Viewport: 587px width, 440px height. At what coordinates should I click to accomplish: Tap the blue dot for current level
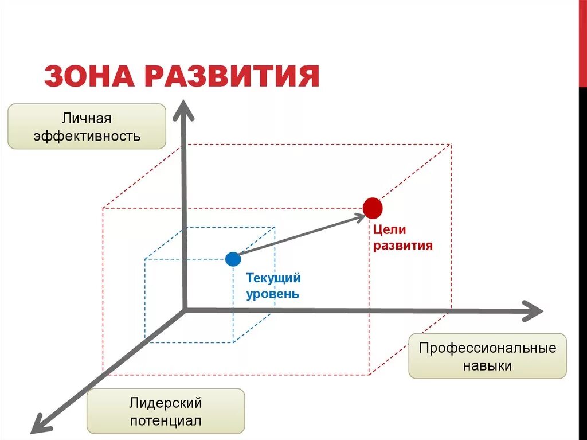pyautogui.click(x=233, y=259)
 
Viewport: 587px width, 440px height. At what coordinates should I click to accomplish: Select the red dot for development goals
pyautogui.click(x=372, y=208)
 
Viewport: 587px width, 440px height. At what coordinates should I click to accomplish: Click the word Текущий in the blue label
pyautogui.click(x=273, y=279)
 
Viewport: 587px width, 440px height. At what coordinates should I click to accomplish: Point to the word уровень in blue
pyautogui.click(x=272, y=294)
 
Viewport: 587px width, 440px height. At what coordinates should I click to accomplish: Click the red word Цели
pyautogui.click(x=390, y=230)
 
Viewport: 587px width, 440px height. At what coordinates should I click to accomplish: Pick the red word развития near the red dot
pyautogui.click(x=403, y=246)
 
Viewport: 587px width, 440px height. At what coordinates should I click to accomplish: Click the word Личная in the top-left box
pyautogui.click(x=87, y=119)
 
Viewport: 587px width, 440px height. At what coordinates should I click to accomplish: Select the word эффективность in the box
pyautogui.click(x=87, y=137)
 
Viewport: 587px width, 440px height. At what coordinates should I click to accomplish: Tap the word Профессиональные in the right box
pyautogui.click(x=487, y=348)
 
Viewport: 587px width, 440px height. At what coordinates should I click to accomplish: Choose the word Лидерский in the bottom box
pyautogui.click(x=166, y=403)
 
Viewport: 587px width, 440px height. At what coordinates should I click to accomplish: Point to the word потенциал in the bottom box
pyautogui.click(x=166, y=421)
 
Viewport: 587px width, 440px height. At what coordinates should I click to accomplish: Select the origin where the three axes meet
pyautogui.click(x=185, y=310)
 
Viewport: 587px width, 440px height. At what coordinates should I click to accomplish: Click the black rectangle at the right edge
pyautogui.click(x=583, y=44)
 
